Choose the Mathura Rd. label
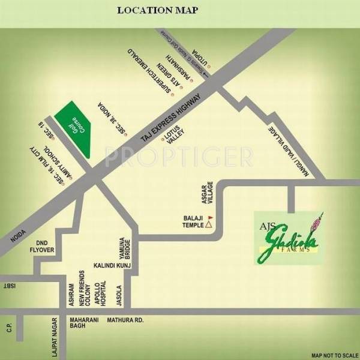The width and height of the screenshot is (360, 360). point(125,320)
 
